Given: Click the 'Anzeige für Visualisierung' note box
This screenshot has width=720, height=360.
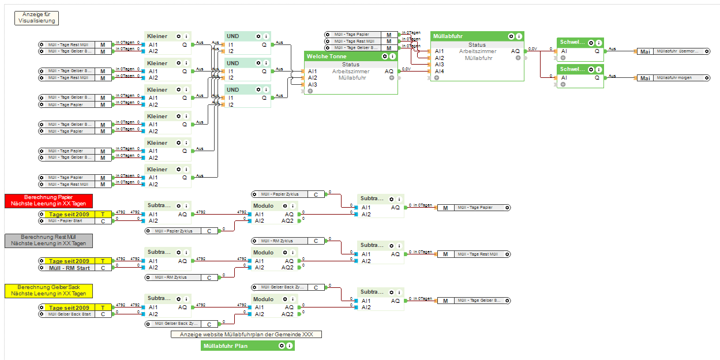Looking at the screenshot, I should [x=36, y=17].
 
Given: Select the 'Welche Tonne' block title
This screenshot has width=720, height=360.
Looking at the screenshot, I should [x=327, y=57].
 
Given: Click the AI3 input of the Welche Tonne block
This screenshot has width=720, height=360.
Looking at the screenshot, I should [x=312, y=84].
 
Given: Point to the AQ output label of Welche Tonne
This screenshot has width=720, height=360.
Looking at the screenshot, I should [x=389, y=71].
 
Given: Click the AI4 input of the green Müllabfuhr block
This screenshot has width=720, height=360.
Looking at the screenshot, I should [x=439, y=71].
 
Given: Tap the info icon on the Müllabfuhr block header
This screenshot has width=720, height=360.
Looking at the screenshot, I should [x=519, y=36].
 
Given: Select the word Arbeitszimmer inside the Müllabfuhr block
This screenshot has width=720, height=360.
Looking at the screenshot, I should [x=478, y=51].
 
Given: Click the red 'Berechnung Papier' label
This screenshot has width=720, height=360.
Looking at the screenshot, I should [x=48, y=200].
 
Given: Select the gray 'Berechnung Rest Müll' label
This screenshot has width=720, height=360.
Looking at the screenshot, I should [x=48, y=240].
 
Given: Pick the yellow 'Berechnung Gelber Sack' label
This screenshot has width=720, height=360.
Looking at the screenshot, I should [x=48, y=290].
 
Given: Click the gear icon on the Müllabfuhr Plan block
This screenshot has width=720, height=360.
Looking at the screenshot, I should [x=282, y=346].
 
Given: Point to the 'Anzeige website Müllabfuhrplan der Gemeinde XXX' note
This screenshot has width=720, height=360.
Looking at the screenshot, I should [x=246, y=334].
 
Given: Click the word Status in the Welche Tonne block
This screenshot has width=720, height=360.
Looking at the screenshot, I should [x=351, y=65].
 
